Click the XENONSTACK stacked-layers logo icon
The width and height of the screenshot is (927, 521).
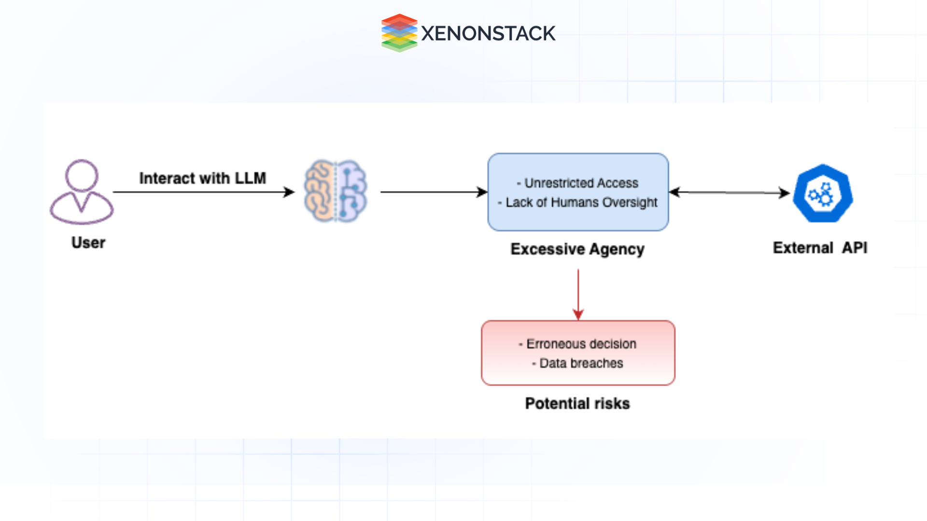pyautogui.click(x=399, y=33)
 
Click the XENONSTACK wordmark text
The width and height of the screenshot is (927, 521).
pyautogui.click(x=488, y=34)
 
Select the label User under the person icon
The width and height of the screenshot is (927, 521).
pyautogui.click(x=88, y=243)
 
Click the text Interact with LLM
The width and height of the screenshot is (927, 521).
pyautogui.click(x=202, y=178)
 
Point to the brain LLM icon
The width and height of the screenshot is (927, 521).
pyautogui.click(x=336, y=192)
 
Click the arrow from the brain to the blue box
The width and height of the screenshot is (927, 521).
pyautogui.click(x=432, y=192)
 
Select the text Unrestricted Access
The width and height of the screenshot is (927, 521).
pyautogui.click(x=581, y=183)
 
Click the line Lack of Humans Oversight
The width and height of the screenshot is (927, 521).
pyautogui.click(x=581, y=203)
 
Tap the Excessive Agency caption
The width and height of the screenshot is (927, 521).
pyautogui.click(x=577, y=249)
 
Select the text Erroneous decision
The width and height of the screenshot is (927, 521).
pyautogui.click(x=581, y=344)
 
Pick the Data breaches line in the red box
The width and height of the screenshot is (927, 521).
pyautogui.click(x=581, y=363)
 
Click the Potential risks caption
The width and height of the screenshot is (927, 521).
pyautogui.click(x=577, y=404)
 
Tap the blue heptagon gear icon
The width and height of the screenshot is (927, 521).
pyautogui.click(x=823, y=193)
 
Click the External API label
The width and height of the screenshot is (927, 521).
pyautogui.click(x=820, y=248)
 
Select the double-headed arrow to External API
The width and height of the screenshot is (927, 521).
pyautogui.click(x=729, y=192)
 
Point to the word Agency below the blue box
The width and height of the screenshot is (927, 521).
pyautogui.click(x=617, y=249)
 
